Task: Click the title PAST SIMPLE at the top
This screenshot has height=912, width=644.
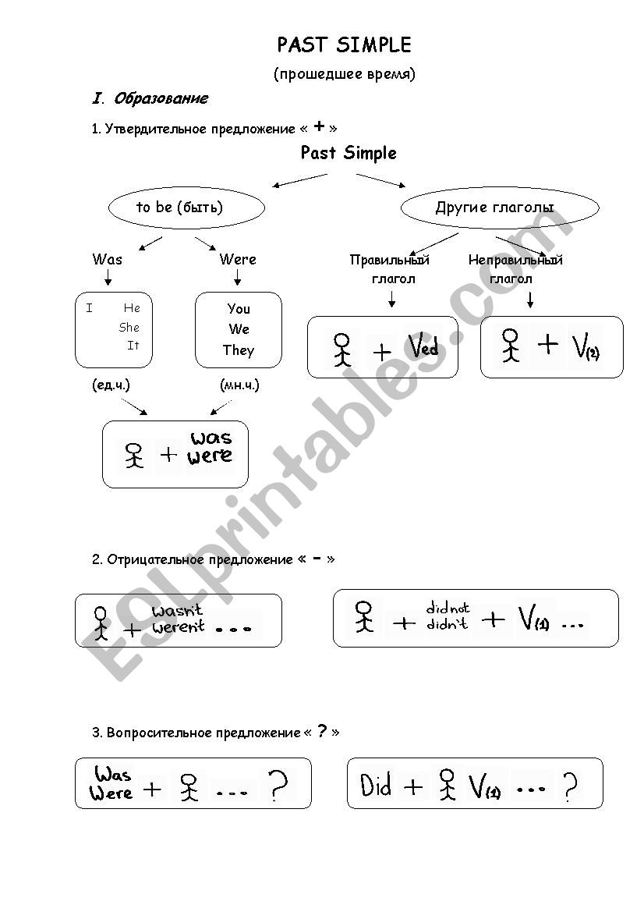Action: click(344, 45)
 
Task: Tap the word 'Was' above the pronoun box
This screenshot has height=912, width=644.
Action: click(108, 259)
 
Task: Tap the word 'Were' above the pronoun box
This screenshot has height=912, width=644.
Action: click(238, 259)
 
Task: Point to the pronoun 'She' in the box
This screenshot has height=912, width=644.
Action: click(129, 327)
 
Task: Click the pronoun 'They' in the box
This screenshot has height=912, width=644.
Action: click(239, 350)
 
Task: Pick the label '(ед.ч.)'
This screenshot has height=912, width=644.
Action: click(111, 385)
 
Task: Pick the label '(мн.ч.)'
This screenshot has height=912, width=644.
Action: click(240, 385)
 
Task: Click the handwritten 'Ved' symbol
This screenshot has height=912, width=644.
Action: click(423, 346)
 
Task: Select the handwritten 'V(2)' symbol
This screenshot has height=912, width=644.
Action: click(586, 347)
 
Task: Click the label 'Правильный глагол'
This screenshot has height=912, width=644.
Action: click(391, 269)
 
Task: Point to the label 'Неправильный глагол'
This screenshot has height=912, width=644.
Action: click(515, 269)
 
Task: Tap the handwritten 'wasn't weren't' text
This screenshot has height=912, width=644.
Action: click(178, 619)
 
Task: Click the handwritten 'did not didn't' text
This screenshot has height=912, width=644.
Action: click(448, 616)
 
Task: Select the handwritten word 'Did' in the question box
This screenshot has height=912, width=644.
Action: click(376, 786)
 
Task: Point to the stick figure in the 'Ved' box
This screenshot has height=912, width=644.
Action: click(341, 350)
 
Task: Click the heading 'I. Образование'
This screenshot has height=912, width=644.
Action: click(150, 98)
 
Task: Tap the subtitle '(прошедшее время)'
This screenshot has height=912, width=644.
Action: click(345, 74)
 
